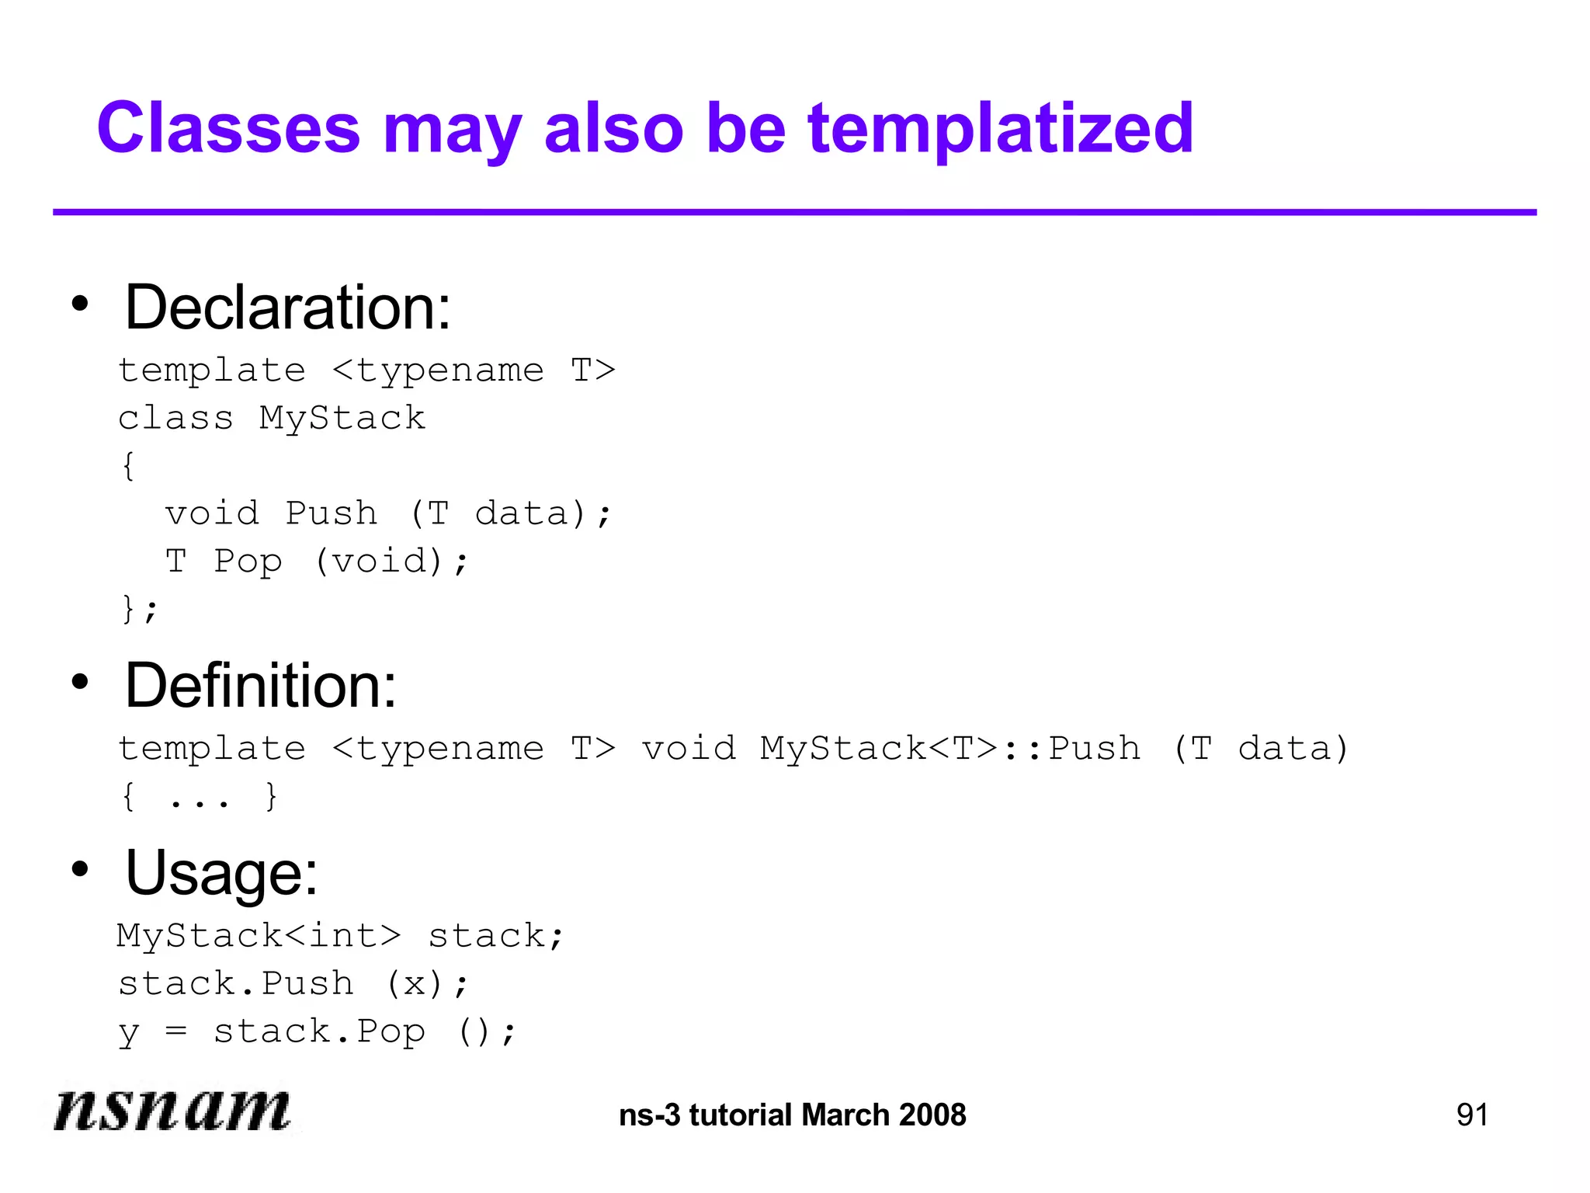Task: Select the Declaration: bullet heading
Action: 288,308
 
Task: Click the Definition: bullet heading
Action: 261,687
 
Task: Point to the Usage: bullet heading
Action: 222,874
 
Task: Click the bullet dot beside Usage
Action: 80,869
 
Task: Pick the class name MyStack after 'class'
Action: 342,419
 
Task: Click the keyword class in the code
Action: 175,419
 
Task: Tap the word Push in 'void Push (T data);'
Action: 332,513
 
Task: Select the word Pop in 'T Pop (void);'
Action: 248,561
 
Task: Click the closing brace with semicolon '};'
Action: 139,608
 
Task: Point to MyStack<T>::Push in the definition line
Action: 950,749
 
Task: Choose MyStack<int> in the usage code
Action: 259,936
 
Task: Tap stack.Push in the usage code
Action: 236,984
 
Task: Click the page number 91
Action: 1472,1115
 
